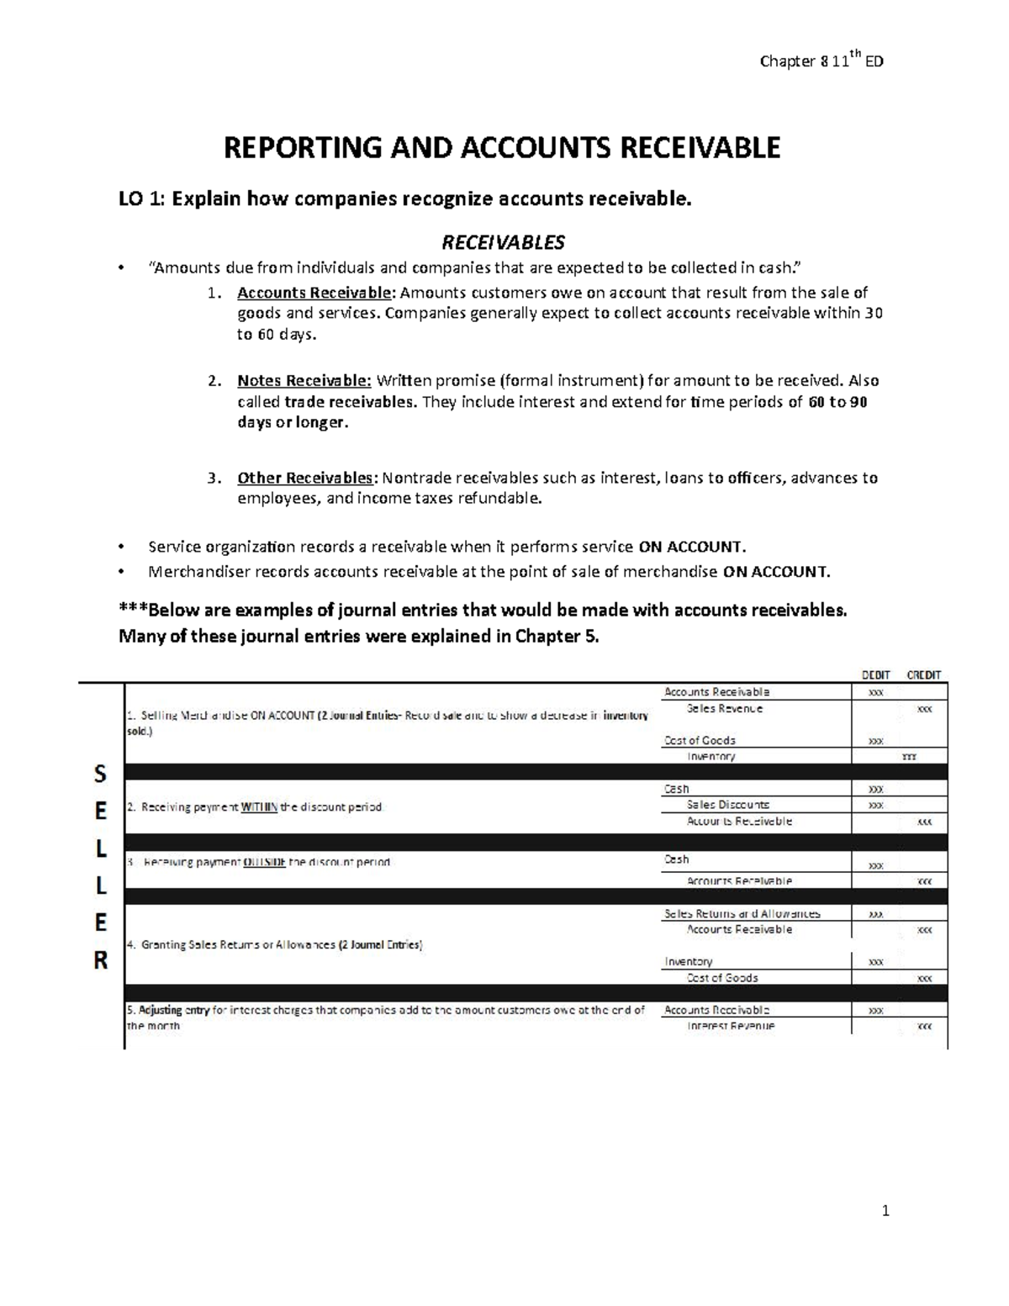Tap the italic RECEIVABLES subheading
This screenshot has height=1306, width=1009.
(x=504, y=242)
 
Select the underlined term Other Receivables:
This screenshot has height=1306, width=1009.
(x=308, y=478)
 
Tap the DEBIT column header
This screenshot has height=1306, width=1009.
(x=875, y=674)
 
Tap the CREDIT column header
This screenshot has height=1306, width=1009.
(x=923, y=674)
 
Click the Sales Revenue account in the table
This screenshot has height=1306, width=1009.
(x=725, y=709)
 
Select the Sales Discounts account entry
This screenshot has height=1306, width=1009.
(x=727, y=805)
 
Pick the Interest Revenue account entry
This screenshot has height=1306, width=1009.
(x=731, y=1026)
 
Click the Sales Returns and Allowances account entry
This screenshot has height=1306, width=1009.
(x=742, y=913)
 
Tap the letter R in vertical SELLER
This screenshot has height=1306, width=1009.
(x=100, y=960)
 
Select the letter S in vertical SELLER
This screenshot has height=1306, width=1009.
(x=100, y=774)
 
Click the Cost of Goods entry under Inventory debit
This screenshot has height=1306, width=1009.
(x=722, y=978)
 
